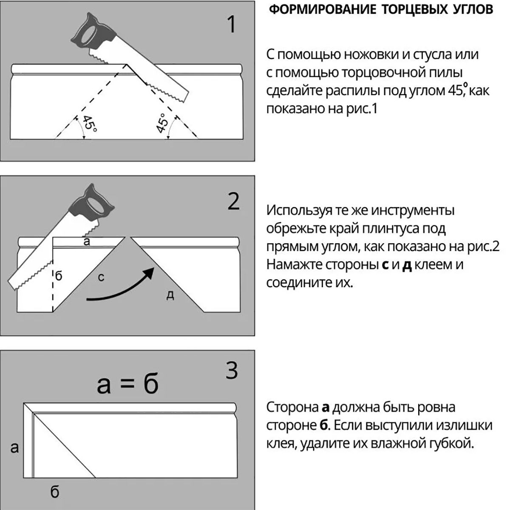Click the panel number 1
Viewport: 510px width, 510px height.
(x=232, y=24)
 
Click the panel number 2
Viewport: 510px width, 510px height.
(x=233, y=201)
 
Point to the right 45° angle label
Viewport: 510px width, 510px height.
(x=161, y=123)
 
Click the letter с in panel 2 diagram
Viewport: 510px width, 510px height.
(x=101, y=278)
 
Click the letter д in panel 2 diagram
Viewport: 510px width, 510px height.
(x=170, y=295)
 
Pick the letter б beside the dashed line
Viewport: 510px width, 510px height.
(x=58, y=275)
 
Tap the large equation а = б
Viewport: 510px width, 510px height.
(x=127, y=383)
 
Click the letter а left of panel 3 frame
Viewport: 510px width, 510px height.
(x=14, y=447)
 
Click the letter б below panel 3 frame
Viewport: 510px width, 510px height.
(x=54, y=492)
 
